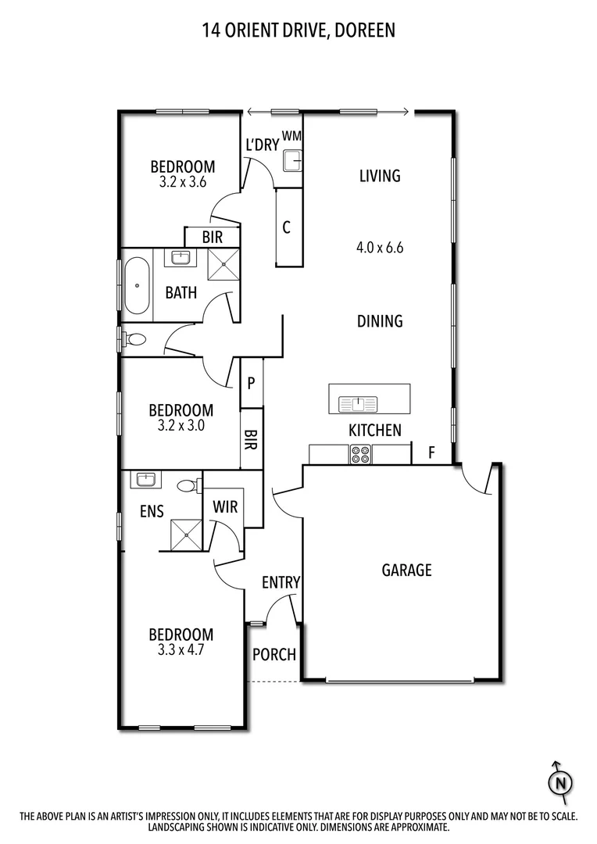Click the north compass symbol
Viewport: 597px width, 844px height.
tap(559, 781)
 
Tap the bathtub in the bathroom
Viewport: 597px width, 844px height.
tap(137, 285)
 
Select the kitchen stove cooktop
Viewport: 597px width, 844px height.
tap(360, 454)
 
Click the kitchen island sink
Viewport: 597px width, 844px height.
tap(358, 404)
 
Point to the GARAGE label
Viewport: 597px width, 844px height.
tap(406, 570)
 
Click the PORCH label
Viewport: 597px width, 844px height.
tap(274, 654)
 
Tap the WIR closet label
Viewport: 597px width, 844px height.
tap(225, 508)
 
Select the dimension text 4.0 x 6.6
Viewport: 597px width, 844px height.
tap(379, 249)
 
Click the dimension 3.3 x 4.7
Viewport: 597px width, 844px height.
tap(181, 649)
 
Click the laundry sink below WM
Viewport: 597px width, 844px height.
tap(292, 161)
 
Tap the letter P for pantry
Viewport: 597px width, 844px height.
tap(252, 384)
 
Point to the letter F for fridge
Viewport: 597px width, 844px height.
tap(431, 452)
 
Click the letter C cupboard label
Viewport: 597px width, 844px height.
tap(287, 228)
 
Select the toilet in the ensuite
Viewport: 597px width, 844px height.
tap(186, 485)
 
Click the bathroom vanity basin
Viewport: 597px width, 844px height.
tap(181, 258)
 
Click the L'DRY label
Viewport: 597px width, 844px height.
tap(262, 145)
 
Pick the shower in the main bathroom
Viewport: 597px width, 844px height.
tap(223, 263)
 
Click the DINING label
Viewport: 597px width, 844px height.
tap(380, 321)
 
